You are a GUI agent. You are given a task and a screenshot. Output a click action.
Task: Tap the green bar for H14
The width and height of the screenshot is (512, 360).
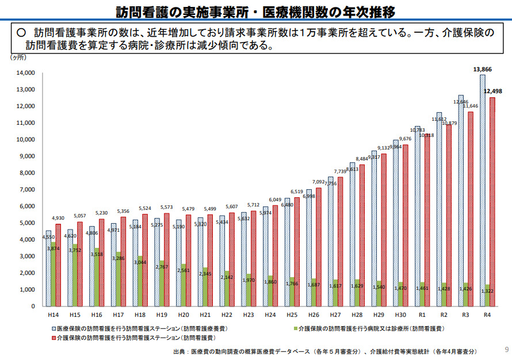coord(53,276)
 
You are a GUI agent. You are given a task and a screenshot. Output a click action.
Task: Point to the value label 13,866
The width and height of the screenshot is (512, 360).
coord(482,69)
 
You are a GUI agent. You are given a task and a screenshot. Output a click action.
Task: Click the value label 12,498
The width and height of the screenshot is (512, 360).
coord(493,91)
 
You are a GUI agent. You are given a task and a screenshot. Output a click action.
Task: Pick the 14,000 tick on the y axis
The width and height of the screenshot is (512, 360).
coord(26,73)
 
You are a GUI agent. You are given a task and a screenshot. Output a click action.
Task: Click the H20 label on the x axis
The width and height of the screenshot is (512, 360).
coord(184,315)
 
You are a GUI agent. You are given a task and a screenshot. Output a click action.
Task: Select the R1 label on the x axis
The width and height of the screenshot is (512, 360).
coord(422,315)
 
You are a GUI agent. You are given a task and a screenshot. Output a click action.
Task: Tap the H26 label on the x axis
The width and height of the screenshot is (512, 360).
coord(314,315)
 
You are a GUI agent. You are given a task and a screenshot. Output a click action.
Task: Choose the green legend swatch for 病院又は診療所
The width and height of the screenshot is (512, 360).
coord(295,328)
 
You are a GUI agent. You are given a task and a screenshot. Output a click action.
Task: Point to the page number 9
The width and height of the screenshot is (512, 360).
coord(506,349)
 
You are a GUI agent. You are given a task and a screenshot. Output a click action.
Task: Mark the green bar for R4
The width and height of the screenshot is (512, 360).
coord(487,295)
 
